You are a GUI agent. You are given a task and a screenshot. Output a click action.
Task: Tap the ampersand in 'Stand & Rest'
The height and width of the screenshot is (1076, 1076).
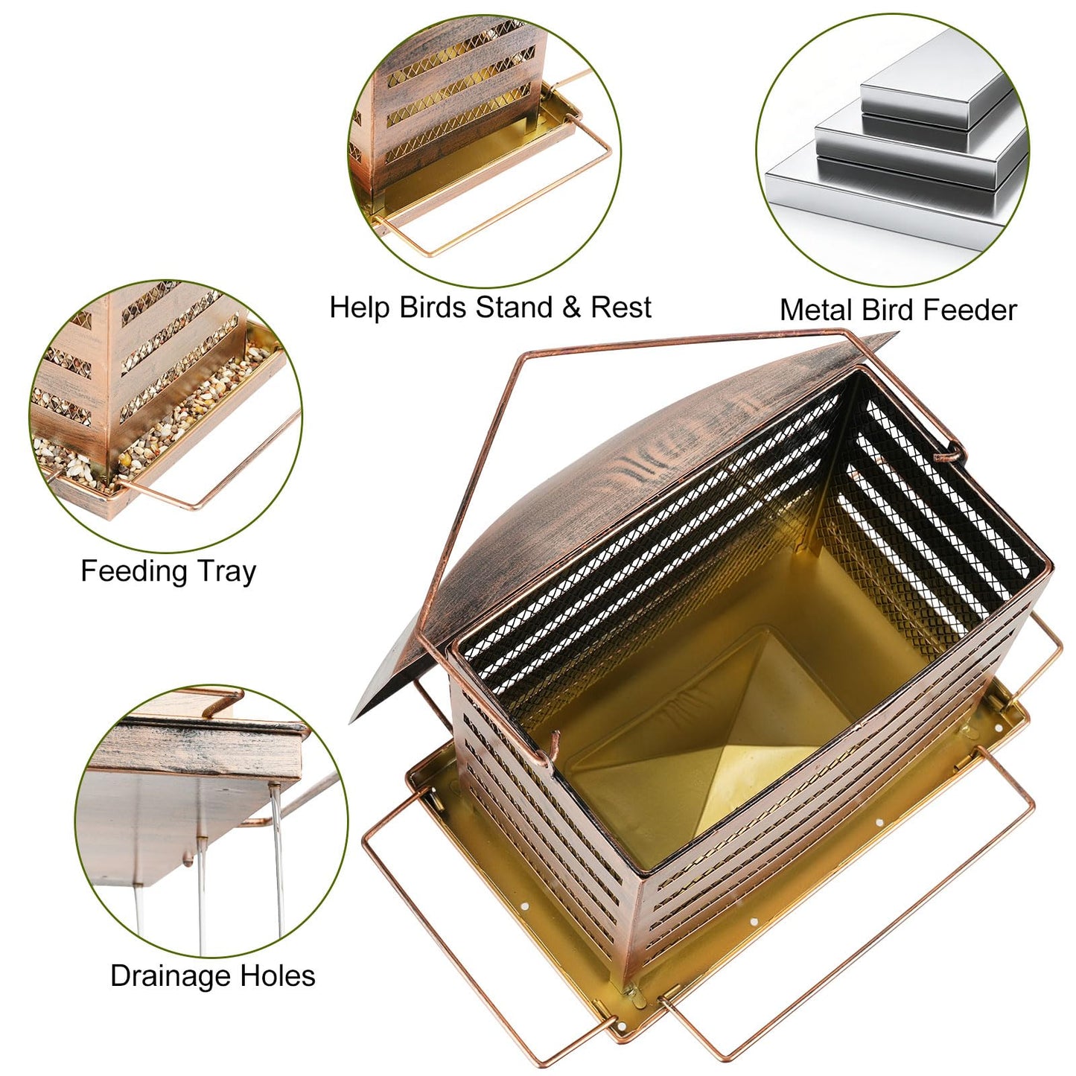tap(571, 308)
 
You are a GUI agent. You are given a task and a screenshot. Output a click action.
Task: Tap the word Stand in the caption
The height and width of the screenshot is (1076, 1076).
tap(514, 308)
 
